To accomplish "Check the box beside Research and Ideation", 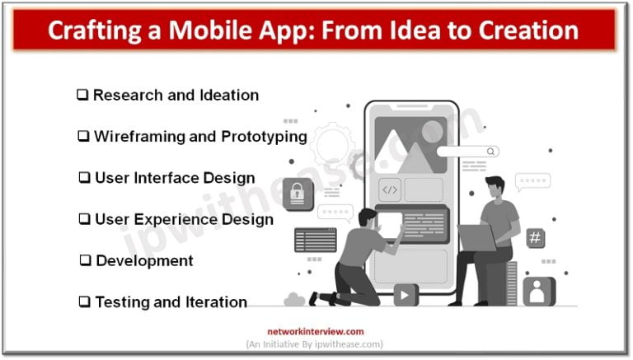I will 82,96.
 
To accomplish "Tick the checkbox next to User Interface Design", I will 84,178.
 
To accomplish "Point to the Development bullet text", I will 144,260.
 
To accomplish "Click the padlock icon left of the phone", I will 298,194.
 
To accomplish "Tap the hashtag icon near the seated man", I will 535,238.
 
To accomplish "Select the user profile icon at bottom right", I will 538,291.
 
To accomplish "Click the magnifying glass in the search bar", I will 491,152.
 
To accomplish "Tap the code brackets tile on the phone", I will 391,189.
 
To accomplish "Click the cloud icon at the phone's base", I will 295,298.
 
